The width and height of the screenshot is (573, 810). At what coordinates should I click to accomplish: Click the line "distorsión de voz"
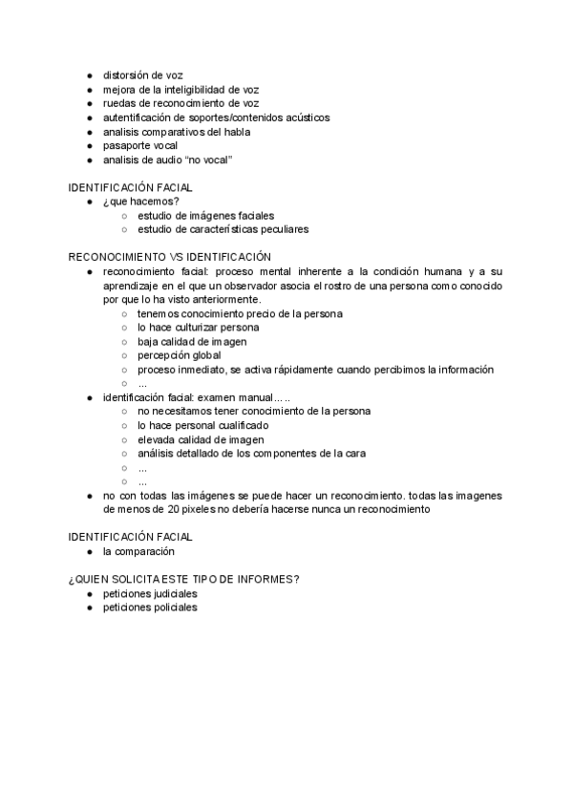tap(143, 75)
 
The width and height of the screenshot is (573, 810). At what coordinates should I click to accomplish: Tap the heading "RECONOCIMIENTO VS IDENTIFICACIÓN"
tap(170, 257)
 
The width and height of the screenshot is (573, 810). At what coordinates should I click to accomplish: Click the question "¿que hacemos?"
tap(140, 202)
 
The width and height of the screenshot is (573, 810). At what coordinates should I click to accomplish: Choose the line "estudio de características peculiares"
tap(223, 229)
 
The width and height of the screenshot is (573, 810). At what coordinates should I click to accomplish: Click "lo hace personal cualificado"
tap(202, 425)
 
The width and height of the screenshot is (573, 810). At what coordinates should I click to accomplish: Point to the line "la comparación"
tap(138, 552)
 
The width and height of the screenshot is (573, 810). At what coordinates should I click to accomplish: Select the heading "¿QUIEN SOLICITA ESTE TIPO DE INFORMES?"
tap(184, 580)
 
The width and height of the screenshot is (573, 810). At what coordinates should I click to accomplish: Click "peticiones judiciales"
tap(151, 593)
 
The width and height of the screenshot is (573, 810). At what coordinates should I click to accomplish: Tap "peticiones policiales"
tap(150, 607)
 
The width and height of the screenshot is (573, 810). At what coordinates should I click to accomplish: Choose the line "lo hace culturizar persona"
tap(198, 328)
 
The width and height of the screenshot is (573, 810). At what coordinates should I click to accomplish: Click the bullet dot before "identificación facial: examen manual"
tap(89, 397)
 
